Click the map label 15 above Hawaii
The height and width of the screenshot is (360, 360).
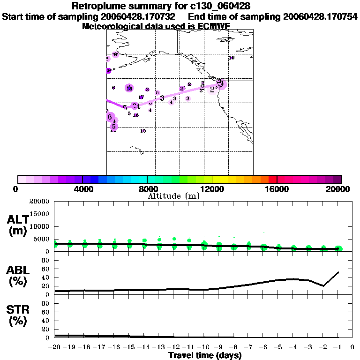coord(143,131)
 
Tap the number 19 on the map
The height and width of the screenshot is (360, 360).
coord(232,58)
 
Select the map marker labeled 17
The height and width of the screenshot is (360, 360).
coord(141,97)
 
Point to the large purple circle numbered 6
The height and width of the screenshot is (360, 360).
coord(110,117)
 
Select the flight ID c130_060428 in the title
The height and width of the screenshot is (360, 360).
coord(217,6)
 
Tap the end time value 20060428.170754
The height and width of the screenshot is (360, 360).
coord(320,16)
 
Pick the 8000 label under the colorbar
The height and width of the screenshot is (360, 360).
coord(148,189)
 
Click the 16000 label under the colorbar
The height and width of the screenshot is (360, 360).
coord(277,189)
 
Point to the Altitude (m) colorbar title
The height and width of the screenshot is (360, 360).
coord(174,196)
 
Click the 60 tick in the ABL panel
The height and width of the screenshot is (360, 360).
coord(46,269)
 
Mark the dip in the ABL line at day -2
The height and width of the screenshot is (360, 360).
coord(323,285)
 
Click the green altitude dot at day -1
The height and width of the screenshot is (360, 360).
coord(338,249)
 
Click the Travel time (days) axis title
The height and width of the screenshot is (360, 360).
coord(205,356)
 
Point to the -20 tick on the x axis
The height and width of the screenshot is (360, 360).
coord(54,347)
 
